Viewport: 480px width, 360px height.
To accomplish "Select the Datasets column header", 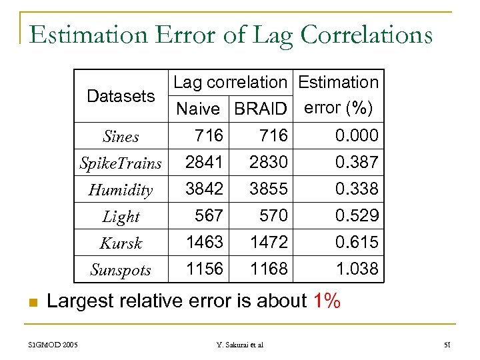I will [x=121, y=96].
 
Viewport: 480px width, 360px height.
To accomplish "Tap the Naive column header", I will [x=197, y=109].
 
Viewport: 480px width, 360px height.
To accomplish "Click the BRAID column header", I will [x=260, y=109].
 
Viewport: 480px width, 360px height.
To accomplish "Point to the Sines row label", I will [x=121, y=137].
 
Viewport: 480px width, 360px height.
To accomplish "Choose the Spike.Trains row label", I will [x=121, y=163].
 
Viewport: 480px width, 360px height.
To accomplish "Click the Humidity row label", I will [x=121, y=190].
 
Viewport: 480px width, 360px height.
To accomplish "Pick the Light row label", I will [x=121, y=217].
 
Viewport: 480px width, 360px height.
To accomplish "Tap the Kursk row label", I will [x=121, y=243].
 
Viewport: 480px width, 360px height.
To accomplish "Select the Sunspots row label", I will [x=121, y=270].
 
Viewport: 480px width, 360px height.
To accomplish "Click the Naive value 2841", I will [x=204, y=162].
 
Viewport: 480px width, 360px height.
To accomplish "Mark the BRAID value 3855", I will [x=269, y=189].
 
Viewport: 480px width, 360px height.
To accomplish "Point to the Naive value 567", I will [x=209, y=215].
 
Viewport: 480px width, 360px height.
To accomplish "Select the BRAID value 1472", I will [x=269, y=242].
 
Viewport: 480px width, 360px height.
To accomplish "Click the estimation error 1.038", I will [x=356, y=269].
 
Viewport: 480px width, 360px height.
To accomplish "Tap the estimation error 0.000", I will [x=356, y=136].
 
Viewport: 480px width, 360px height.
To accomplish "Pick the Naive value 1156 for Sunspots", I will [x=204, y=269].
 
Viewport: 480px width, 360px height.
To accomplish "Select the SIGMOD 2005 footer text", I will [x=53, y=345].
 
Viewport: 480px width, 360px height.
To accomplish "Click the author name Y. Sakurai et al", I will [x=239, y=345].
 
